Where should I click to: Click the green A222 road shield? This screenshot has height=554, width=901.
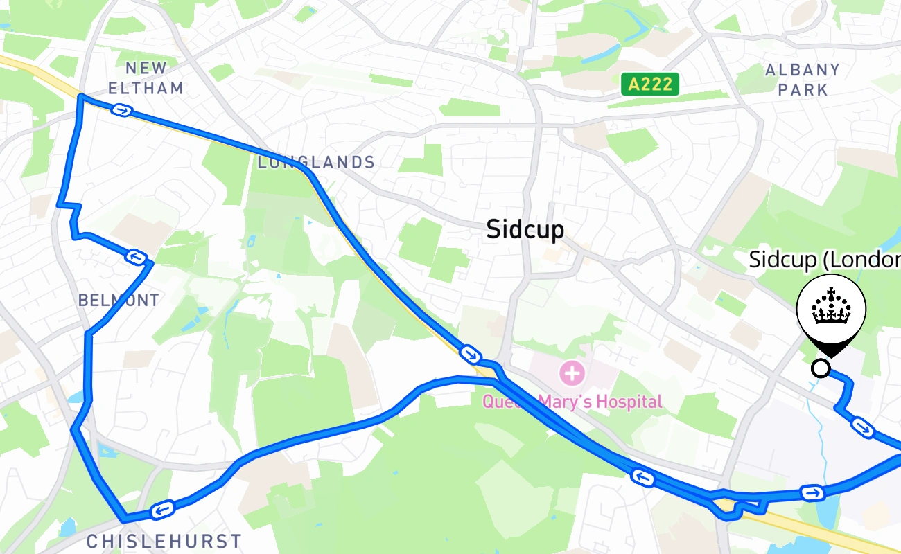click(x=649, y=84)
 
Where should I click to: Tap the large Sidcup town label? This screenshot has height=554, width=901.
click(x=525, y=229)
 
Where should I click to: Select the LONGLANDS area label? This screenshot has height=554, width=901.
click(x=316, y=163)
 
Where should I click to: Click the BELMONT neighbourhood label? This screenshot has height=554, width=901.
click(x=119, y=300)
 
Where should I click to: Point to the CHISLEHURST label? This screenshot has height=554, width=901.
click(x=164, y=541)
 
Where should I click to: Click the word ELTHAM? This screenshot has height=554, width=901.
click(x=146, y=88)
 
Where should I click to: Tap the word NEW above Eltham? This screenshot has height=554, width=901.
click(x=146, y=68)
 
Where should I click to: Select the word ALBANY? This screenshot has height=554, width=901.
click(x=803, y=70)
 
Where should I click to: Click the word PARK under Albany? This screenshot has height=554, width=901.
click(x=803, y=90)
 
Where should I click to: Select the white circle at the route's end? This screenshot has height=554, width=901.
click(x=821, y=368)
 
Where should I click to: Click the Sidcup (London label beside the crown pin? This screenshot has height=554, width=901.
click(x=825, y=260)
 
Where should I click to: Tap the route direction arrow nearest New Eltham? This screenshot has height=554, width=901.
click(x=122, y=111)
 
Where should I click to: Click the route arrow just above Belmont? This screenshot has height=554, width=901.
click(x=136, y=258)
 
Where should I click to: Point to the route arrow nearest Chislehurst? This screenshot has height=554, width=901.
click(x=162, y=510)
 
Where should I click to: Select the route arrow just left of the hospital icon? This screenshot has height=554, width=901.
click(x=470, y=355)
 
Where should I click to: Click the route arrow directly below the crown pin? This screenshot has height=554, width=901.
click(x=861, y=427)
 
